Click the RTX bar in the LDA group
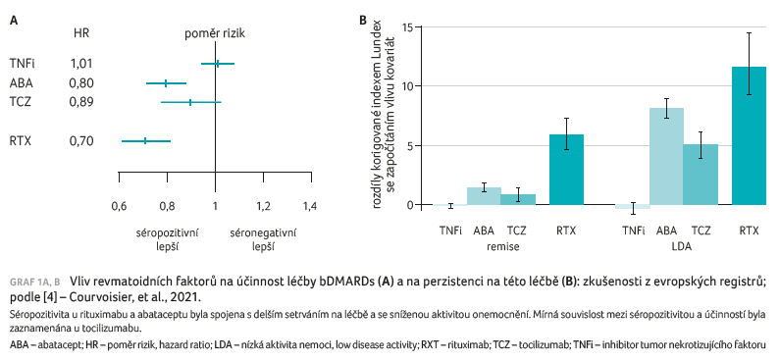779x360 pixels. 749,135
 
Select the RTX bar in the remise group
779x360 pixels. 566,170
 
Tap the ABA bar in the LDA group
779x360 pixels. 666,156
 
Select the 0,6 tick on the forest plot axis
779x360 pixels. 119,207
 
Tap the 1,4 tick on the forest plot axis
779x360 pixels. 309,207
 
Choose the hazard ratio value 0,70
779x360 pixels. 81,141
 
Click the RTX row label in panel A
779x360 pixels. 21,141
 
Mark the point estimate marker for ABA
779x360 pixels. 167,83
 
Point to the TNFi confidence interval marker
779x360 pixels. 217,64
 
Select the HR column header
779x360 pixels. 82,33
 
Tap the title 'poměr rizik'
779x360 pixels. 215,33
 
